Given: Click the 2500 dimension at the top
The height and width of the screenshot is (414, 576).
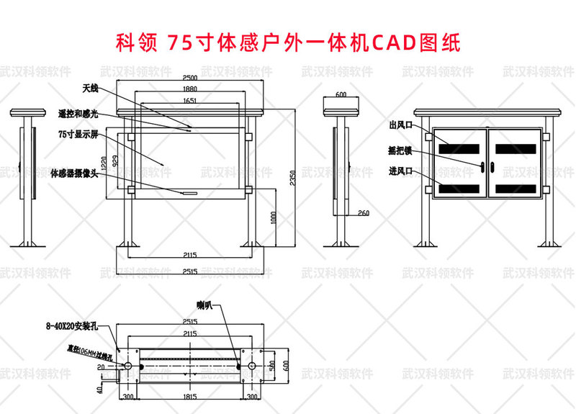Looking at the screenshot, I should point(190,78).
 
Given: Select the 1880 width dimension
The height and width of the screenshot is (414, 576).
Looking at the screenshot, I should point(190,90).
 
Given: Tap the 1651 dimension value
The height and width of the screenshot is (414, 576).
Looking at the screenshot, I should point(190,102).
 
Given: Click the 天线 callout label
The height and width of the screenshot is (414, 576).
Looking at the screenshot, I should point(89,88).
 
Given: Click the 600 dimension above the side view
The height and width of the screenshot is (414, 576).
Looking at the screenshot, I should point(341,94).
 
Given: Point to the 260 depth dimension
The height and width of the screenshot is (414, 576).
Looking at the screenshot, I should point(362,213).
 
